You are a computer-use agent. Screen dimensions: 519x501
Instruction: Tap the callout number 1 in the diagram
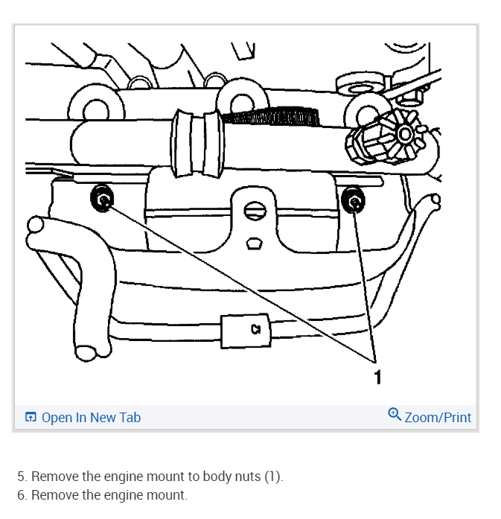point(377,377)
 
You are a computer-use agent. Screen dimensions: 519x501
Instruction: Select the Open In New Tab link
point(91,417)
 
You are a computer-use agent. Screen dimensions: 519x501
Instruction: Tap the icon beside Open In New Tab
point(31,417)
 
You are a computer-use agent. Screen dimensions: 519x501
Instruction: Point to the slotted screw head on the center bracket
point(255,211)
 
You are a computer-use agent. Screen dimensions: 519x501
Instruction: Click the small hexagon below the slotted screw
point(255,242)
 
